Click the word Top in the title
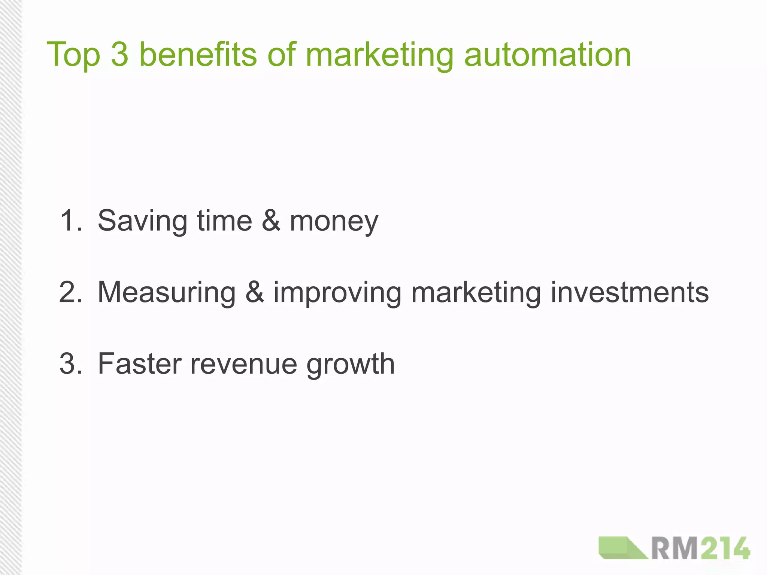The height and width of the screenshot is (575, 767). pos(73,55)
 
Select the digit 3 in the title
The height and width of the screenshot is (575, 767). pos(120,54)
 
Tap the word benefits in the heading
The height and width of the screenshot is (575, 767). pos(198,54)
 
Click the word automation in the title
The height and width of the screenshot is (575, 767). pos(547,55)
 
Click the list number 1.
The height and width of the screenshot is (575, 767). pos(70,220)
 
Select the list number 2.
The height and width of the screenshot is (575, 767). pos(70,292)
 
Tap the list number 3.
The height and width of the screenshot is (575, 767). pos(70,363)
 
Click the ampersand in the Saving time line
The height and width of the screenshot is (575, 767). pos(271,220)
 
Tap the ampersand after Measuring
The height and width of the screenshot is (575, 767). pos(255,292)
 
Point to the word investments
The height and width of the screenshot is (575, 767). pos(630,292)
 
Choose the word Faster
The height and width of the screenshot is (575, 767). pos(140,363)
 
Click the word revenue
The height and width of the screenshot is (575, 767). pos(243,364)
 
